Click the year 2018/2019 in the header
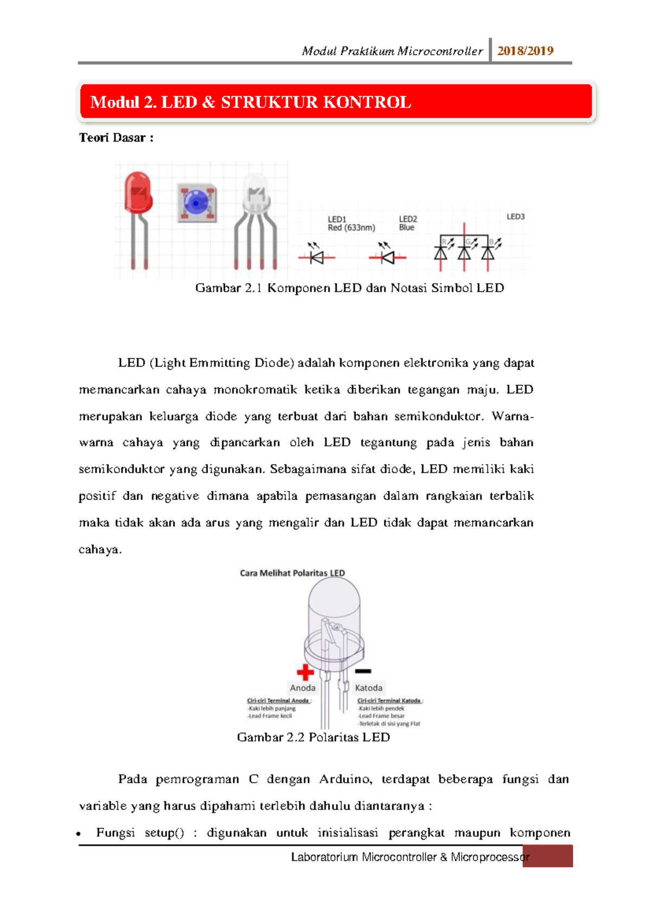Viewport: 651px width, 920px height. point(525,51)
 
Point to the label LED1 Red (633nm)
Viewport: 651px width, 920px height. point(351,223)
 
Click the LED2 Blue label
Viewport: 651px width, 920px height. point(408,223)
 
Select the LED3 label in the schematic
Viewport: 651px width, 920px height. point(515,216)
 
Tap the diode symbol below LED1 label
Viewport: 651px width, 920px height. point(317,257)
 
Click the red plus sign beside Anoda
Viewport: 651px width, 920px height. point(305,672)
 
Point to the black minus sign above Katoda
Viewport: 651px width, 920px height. point(363,672)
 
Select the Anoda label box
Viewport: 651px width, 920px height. point(303,687)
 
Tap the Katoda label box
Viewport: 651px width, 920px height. point(369,687)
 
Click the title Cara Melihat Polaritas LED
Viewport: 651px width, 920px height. point(292,573)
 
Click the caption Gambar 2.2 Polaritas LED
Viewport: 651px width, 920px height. point(314,737)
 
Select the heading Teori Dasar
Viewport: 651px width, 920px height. point(116,138)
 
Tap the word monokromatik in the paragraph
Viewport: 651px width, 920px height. point(255,389)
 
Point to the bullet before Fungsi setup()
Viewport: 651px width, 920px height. point(80,834)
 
